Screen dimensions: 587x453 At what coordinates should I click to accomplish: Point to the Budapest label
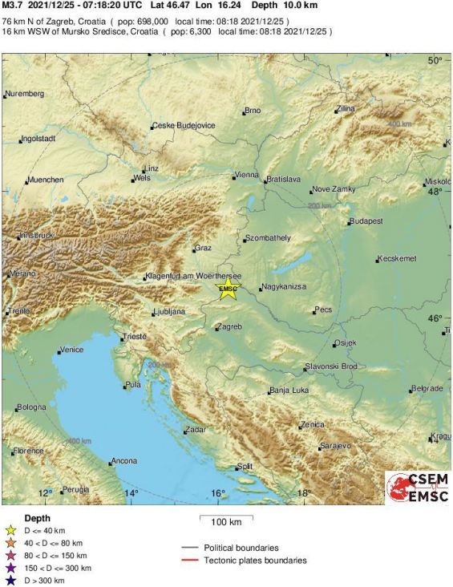click(x=367, y=221)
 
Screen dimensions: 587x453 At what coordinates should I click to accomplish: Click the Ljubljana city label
click(x=169, y=311)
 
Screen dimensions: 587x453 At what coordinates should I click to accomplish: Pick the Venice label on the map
click(x=71, y=350)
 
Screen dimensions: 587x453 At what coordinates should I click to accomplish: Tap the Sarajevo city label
click(x=336, y=444)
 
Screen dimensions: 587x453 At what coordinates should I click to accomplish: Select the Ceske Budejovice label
click(x=184, y=125)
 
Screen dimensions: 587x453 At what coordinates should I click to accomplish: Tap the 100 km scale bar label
click(x=226, y=523)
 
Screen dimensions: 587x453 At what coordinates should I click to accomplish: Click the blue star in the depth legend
click(x=10, y=579)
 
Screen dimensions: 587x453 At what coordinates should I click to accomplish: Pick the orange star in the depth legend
click(x=10, y=543)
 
